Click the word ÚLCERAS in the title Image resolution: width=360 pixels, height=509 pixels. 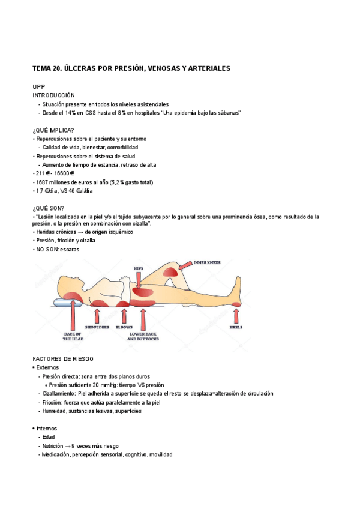pos(88,69)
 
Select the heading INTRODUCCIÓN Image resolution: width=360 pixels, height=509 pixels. pos(53,95)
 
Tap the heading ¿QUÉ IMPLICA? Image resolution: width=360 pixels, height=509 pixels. pos(53,130)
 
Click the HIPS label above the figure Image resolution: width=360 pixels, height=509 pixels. pos(139,268)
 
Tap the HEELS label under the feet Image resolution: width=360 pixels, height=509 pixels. pos(236,327)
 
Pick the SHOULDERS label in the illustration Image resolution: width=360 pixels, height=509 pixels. pos(97,327)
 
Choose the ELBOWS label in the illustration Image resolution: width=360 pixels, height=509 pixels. pos(124,327)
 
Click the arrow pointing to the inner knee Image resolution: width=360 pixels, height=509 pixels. pos(182,267)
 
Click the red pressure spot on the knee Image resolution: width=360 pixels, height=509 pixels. pos(171,272)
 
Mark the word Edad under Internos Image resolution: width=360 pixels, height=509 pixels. pos(49,438)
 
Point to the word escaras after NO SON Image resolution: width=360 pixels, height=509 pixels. pos(69,249)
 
